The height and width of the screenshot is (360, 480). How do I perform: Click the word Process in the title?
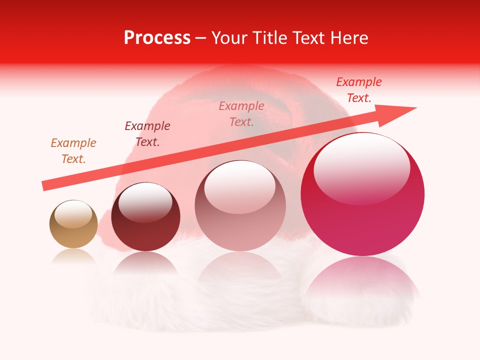click(x=157, y=38)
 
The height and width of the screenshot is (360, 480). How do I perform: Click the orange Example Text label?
click(x=73, y=151)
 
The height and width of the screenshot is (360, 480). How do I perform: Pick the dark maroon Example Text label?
click(x=147, y=134)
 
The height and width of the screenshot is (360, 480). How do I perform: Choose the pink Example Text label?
click(x=241, y=114)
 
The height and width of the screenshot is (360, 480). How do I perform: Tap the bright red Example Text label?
click(x=359, y=90)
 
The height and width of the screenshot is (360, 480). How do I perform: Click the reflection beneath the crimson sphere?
click(x=362, y=280)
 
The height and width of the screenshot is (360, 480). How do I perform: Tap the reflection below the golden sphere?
click(x=73, y=256)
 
